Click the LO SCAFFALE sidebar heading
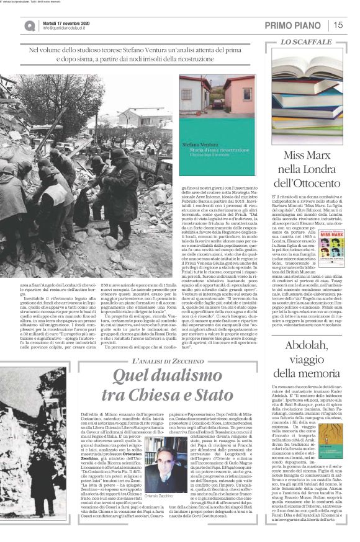click(306, 42)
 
